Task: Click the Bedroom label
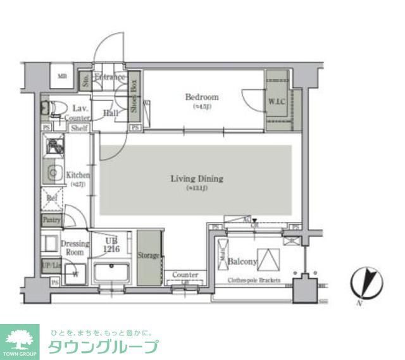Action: (x=201, y=97)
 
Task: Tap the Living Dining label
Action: (x=196, y=179)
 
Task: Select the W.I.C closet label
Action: (x=277, y=101)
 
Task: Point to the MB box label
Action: (x=63, y=77)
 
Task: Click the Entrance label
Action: (x=109, y=78)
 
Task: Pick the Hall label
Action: (x=111, y=113)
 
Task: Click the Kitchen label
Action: (x=78, y=175)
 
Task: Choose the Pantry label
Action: (x=51, y=219)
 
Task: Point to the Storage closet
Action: (x=149, y=256)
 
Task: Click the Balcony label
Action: (x=242, y=261)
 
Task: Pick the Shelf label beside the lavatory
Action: (x=79, y=128)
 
